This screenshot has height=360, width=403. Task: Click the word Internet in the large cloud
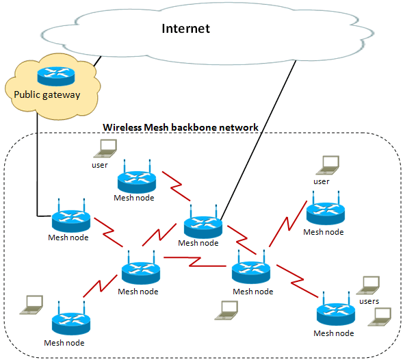[x=185, y=28]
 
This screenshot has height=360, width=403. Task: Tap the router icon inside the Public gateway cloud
[x=56, y=76]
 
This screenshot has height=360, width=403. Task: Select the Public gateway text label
[x=47, y=95]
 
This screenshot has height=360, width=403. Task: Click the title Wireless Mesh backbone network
[x=181, y=127]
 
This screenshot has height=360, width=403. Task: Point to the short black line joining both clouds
[x=98, y=61]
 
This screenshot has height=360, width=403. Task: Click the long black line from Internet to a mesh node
[x=259, y=140]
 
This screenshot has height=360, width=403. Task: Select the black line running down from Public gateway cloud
[x=38, y=164]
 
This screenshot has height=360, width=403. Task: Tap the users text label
[x=369, y=301]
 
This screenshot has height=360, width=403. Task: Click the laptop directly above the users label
[x=368, y=285]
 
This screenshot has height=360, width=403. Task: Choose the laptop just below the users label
[x=380, y=317]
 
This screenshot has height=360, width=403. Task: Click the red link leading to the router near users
[x=297, y=281]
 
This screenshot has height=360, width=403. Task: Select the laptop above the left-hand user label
[x=105, y=149]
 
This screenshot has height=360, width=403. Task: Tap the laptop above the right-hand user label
[x=328, y=165]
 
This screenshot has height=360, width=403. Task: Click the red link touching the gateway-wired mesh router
[x=108, y=232]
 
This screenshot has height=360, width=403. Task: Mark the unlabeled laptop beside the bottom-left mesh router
[x=31, y=305]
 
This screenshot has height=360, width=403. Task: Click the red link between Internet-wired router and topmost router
[x=176, y=186]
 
